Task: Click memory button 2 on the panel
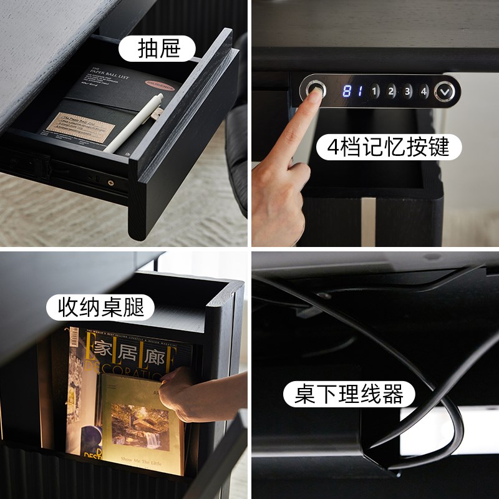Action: (x=391, y=92)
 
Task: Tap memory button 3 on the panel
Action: (x=407, y=92)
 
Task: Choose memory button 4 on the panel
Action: (x=424, y=92)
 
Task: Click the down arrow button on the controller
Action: (x=445, y=92)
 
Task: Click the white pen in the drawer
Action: (x=134, y=124)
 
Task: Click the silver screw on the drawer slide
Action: (x=110, y=183)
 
